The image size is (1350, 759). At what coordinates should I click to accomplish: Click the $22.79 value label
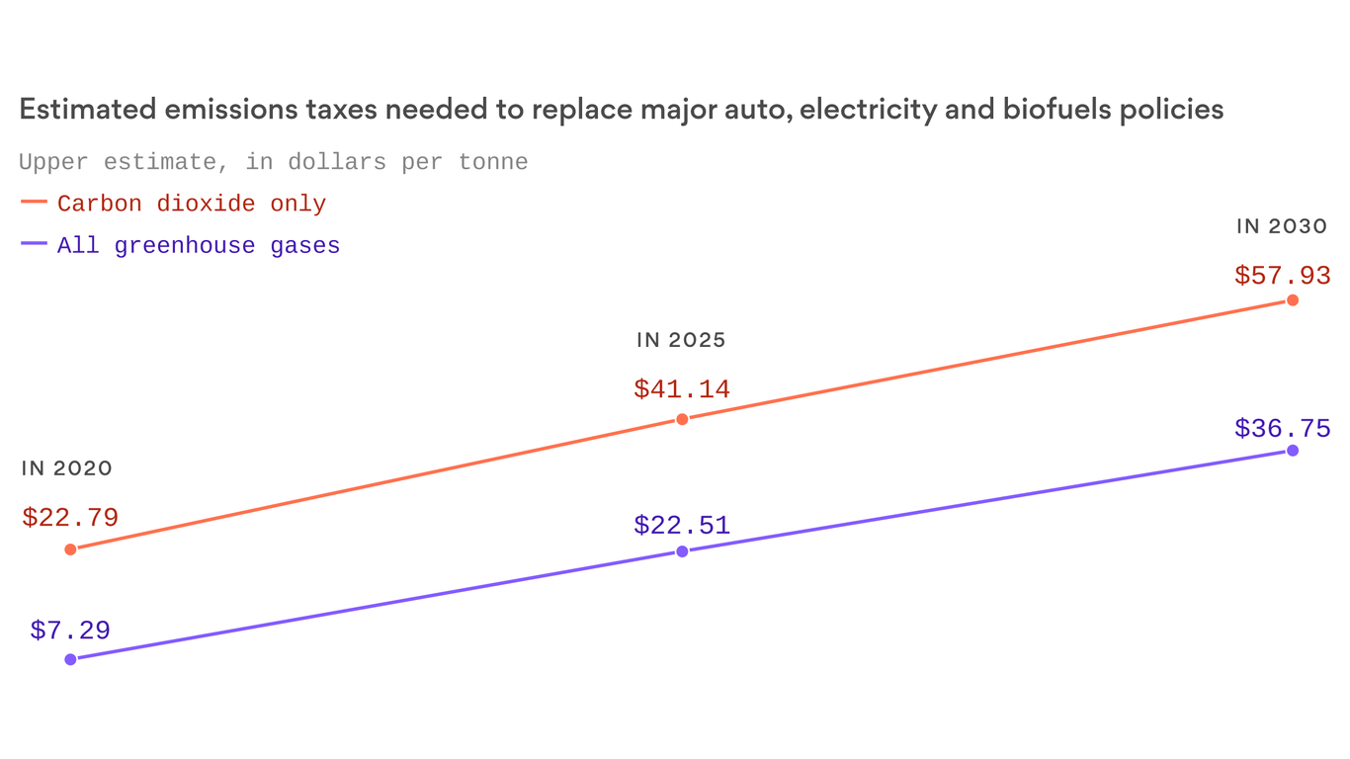click(x=70, y=517)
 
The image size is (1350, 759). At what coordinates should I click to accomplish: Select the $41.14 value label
click(x=682, y=388)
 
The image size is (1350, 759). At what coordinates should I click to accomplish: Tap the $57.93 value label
click(x=1282, y=275)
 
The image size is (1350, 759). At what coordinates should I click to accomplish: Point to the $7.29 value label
click(x=70, y=630)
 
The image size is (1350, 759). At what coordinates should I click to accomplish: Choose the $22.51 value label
click(x=682, y=524)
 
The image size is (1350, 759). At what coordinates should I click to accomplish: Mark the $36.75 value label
click(x=1282, y=428)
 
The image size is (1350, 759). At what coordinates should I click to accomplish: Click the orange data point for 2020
click(x=70, y=549)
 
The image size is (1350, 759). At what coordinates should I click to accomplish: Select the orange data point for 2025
click(x=682, y=419)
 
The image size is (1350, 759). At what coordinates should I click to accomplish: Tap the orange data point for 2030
click(x=1293, y=300)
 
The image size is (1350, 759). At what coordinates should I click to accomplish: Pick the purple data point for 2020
click(x=70, y=659)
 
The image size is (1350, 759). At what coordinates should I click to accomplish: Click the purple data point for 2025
click(x=682, y=551)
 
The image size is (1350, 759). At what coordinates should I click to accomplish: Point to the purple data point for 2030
click(x=1293, y=451)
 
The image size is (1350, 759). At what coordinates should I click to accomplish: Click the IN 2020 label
click(x=67, y=468)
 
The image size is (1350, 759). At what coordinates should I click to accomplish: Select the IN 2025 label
click(x=681, y=341)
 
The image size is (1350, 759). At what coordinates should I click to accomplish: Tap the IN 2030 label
click(x=1281, y=226)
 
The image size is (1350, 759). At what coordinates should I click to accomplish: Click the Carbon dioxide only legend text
click(x=192, y=204)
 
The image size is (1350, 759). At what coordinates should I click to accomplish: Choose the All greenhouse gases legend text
click(x=199, y=245)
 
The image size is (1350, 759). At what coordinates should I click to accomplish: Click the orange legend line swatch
click(x=34, y=202)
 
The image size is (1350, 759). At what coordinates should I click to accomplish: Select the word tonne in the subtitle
click(x=492, y=161)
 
